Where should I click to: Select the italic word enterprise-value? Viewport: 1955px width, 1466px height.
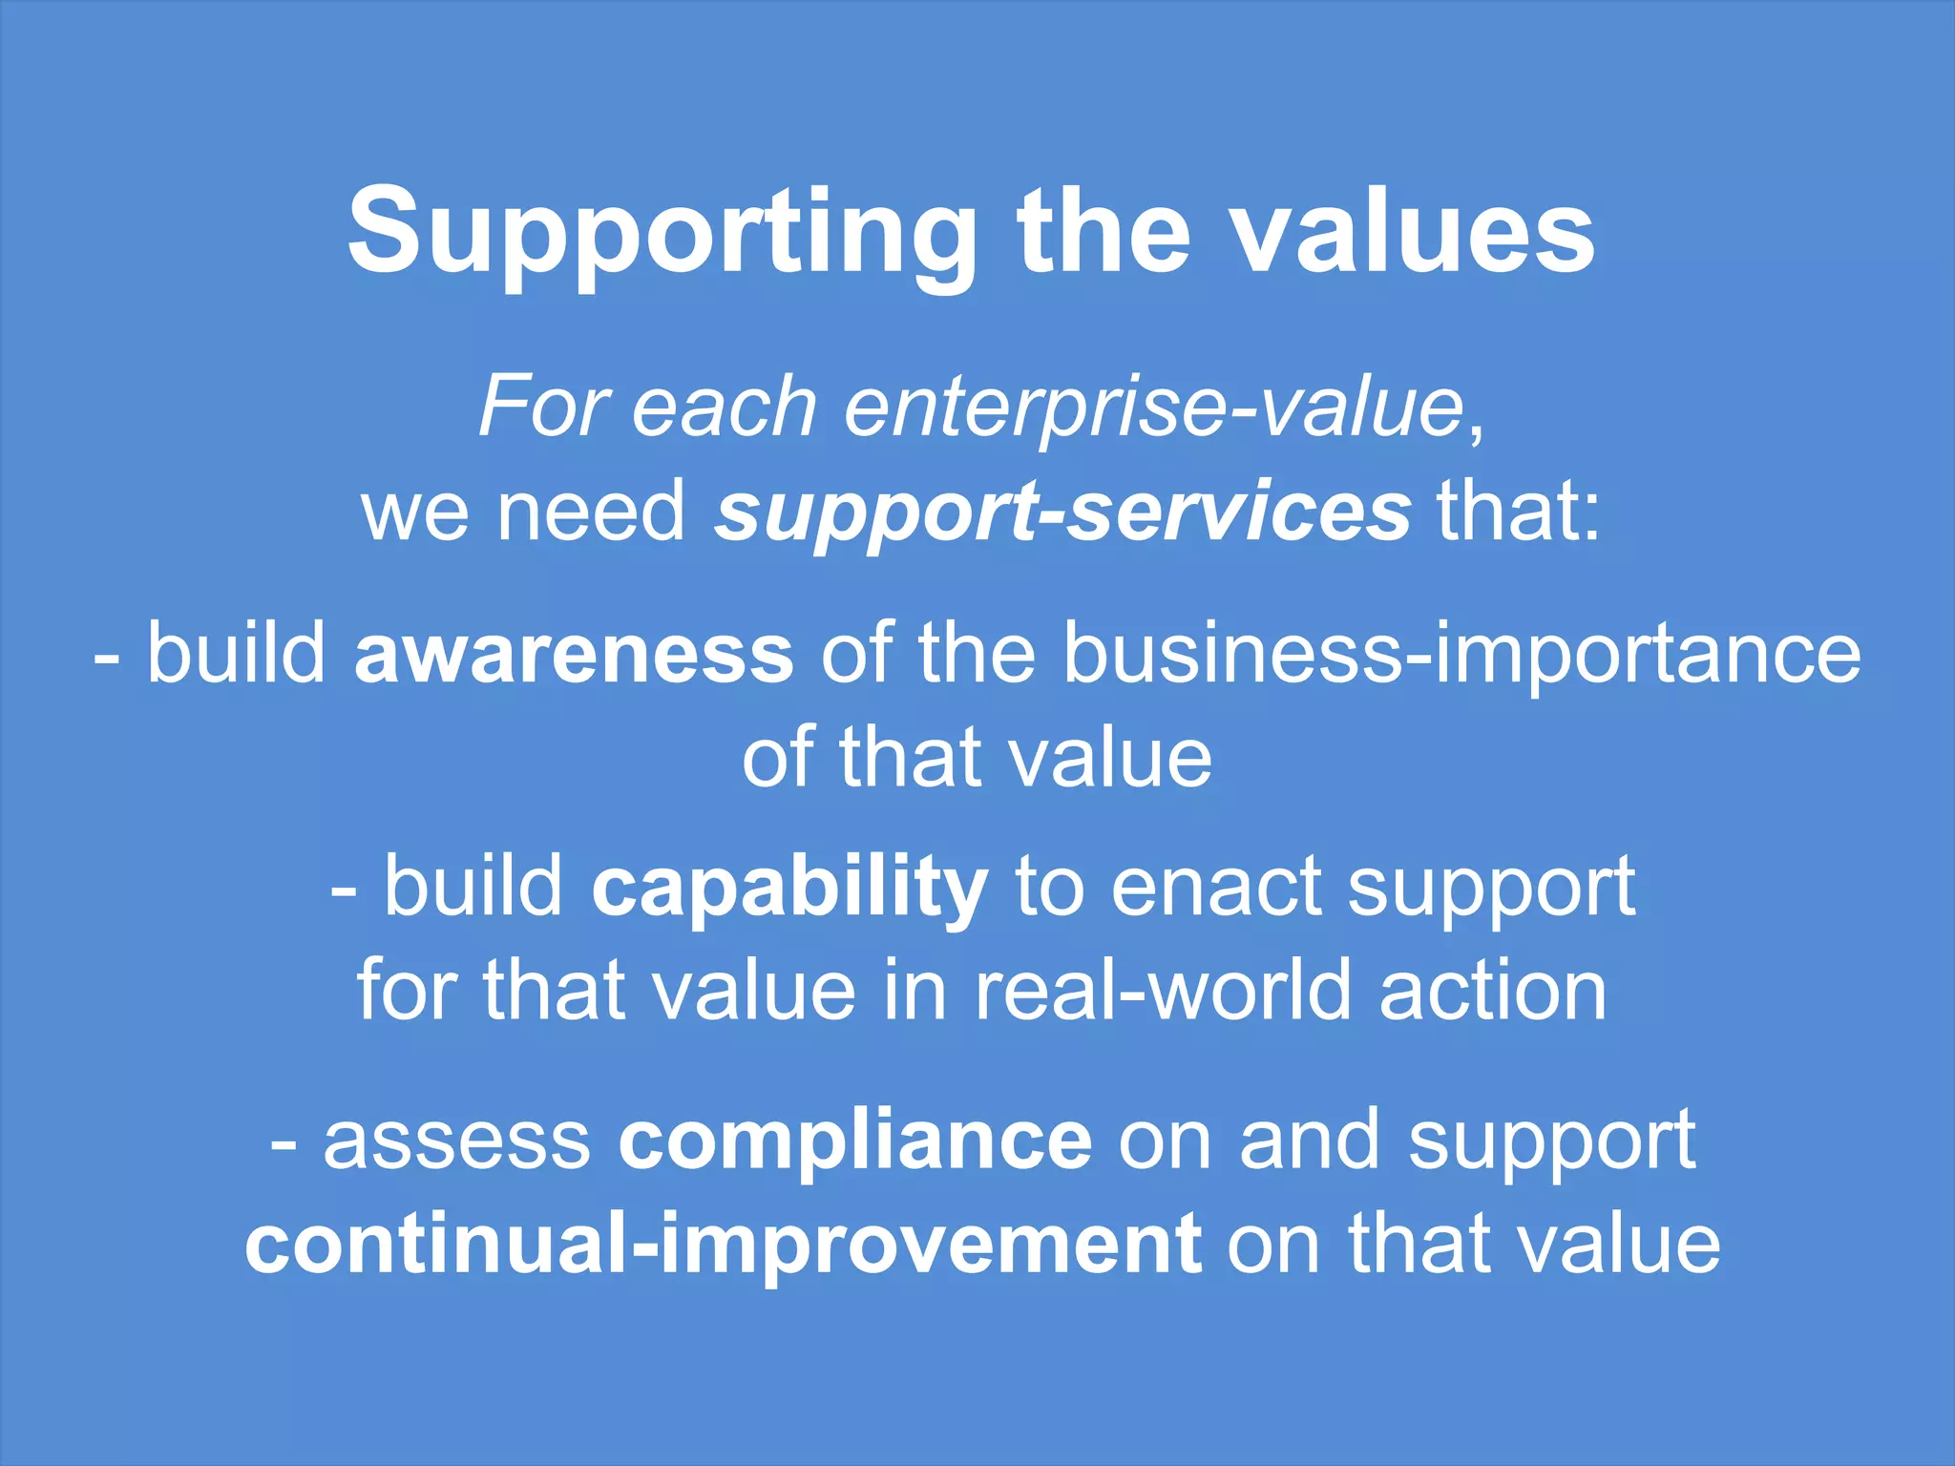coord(1153,408)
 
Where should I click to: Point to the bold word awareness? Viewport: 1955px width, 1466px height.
coord(573,654)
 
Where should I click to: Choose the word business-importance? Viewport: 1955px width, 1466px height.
coord(1461,654)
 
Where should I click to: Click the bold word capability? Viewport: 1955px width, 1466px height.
coord(789,888)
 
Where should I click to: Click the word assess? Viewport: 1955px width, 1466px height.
coord(457,1141)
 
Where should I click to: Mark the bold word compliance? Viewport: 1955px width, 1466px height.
coord(854,1141)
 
